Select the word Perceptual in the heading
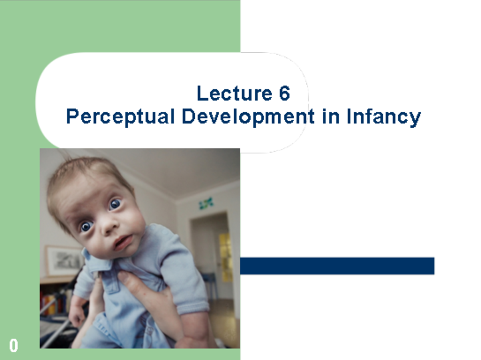pos(120,117)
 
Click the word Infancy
pos(383,117)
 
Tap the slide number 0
pos(14,346)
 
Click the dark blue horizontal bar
pos(337,266)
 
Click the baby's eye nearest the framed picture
pos(86,227)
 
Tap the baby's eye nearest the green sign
pos(115,204)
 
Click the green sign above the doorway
pos(206,203)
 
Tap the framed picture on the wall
pos(64,261)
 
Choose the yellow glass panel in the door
pos(225,257)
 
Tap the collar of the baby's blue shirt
pos(96,261)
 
